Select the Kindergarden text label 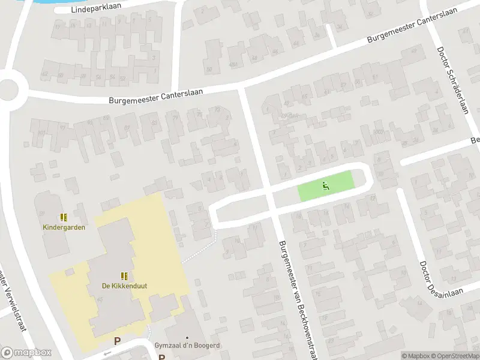coord(64,227)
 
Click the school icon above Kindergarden coord(64,217)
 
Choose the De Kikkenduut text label coord(124,286)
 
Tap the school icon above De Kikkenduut coord(124,276)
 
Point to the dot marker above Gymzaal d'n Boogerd coord(187,338)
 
